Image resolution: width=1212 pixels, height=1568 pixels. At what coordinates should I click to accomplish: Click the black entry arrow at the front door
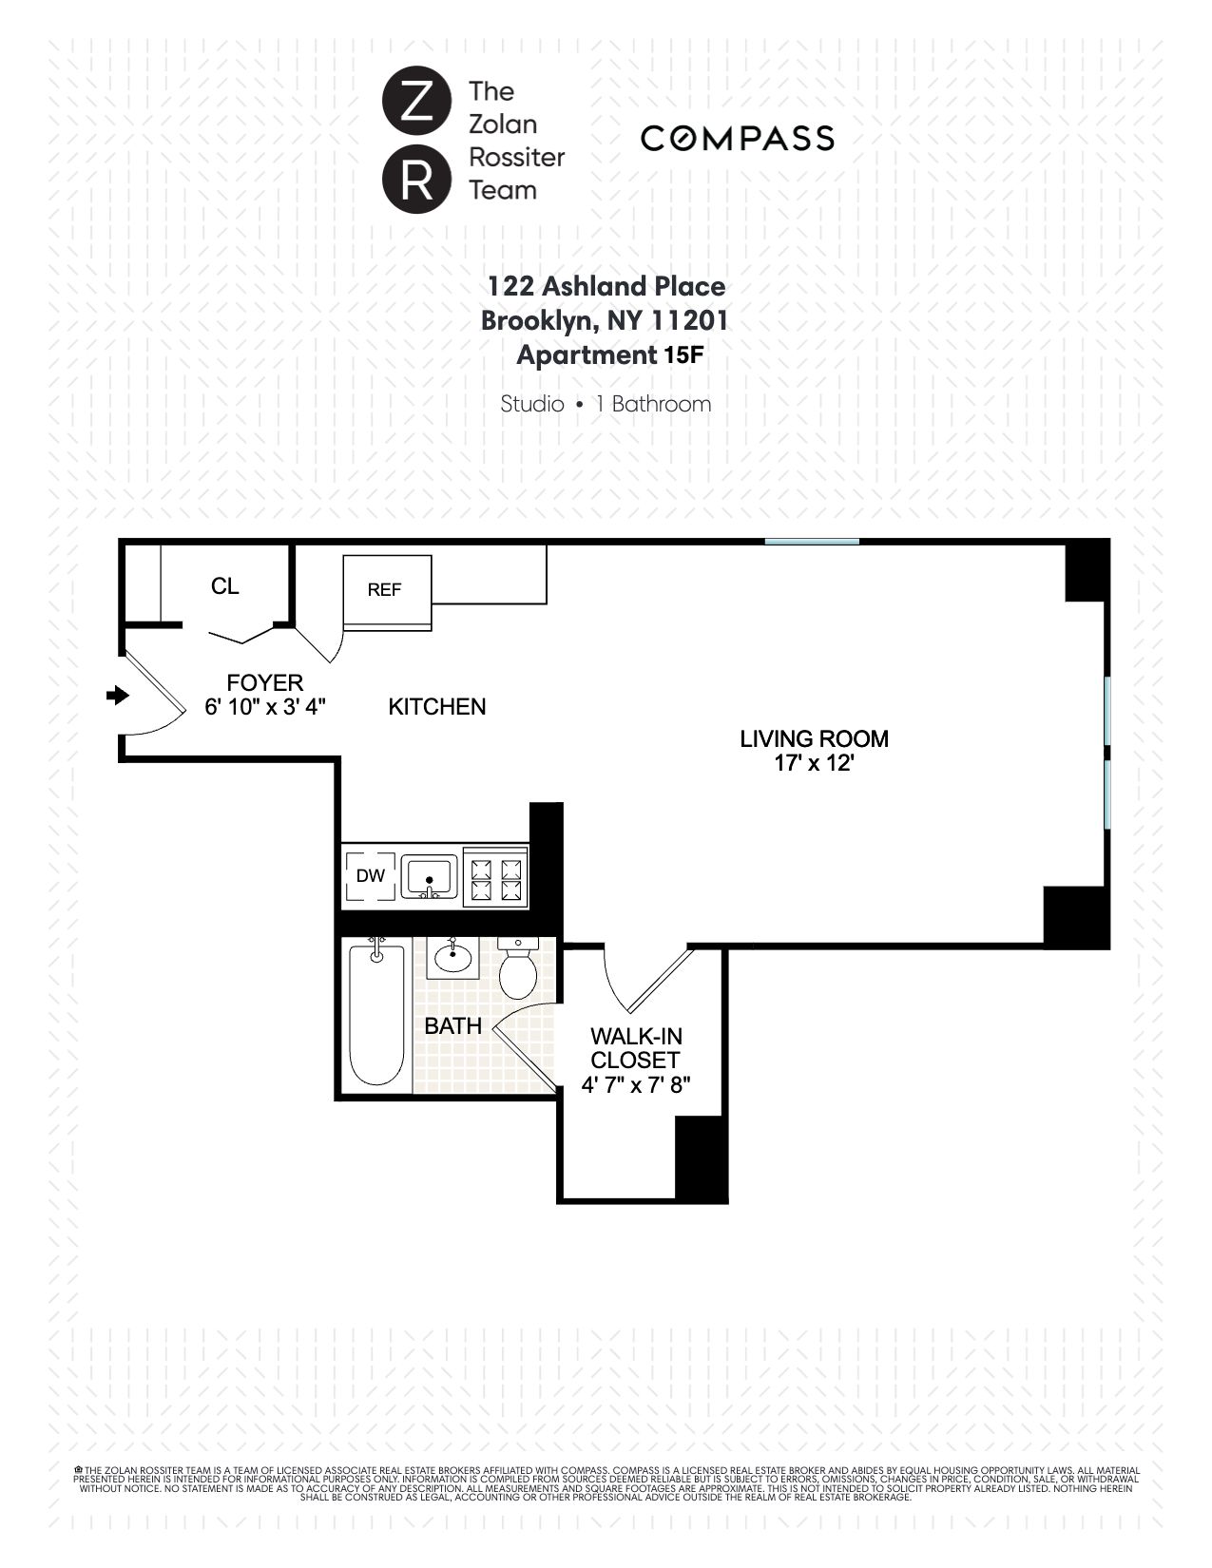coord(118,696)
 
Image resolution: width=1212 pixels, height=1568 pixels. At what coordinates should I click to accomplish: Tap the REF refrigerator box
coord(386,590)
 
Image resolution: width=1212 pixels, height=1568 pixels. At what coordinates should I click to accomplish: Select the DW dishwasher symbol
coord(371,876)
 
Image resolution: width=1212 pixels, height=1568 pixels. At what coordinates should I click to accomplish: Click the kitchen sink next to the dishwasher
coord(430,876)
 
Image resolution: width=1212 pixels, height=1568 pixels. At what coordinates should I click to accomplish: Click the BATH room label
coord(452,1026)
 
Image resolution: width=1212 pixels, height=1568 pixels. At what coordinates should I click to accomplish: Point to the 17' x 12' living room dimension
coord(814,763)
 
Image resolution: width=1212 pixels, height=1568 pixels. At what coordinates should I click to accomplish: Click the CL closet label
coord(224,586)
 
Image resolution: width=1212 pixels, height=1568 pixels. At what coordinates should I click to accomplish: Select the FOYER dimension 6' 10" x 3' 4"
coord(265,707)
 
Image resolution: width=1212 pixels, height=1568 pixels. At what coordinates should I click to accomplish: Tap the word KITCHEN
coord(437,706)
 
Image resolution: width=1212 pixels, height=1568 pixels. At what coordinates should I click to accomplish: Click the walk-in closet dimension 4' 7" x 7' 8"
coord(635,1084)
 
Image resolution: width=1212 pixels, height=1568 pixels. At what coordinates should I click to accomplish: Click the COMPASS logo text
coord(738,139)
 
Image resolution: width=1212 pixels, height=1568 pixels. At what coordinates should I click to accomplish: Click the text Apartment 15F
coord(608,355)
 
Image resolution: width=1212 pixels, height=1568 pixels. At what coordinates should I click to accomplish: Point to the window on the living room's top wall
coord(812,542)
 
